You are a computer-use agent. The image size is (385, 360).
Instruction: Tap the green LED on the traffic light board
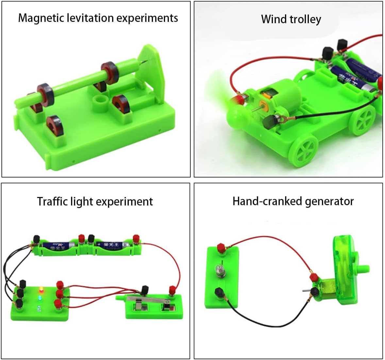40,298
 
